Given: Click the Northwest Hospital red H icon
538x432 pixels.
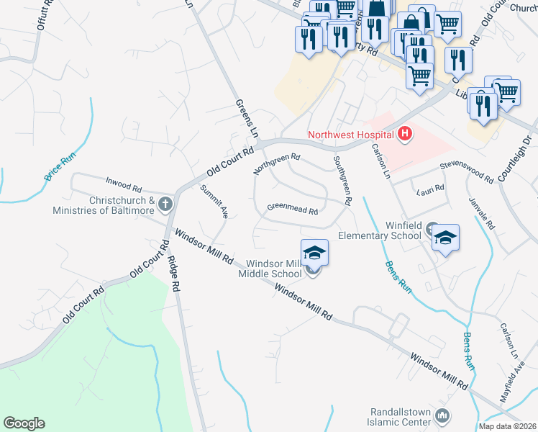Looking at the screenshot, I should [405, 133].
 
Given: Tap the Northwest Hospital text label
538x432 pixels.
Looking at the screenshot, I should [351, 135].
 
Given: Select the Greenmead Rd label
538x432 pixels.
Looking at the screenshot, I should [292, 209].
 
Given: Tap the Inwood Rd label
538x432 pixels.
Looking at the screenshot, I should [126, 181].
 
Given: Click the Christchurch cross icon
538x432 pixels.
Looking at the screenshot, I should [165, 204].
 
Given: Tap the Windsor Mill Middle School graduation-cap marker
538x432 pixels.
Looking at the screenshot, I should [314, 253].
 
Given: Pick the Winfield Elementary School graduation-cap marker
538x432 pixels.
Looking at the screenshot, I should [446, 238].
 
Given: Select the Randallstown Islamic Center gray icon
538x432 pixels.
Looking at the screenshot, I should [442, 415].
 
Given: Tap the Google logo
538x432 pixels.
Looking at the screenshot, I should [24, 423].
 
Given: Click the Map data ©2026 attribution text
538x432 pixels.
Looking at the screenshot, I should [507, 426].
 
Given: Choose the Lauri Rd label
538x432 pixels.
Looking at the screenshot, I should [430, 189].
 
